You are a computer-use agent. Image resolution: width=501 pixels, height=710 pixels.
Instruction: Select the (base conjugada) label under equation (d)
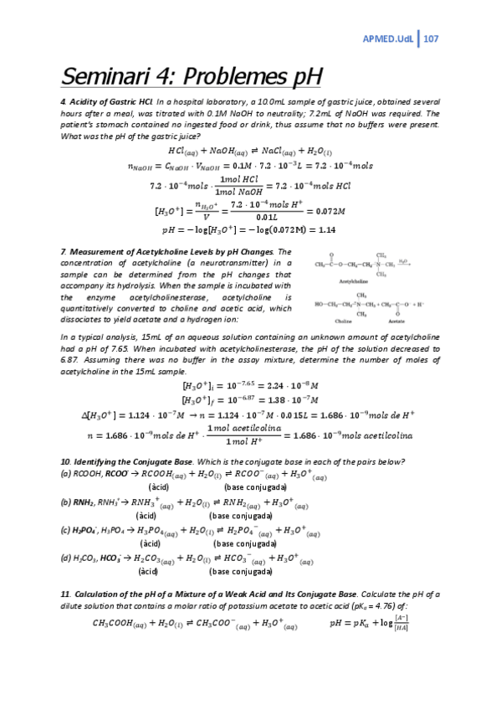(243, 572)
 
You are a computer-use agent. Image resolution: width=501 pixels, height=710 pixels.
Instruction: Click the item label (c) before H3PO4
(66, 530)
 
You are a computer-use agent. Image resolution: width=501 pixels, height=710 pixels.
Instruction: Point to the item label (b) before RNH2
(66, 502)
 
